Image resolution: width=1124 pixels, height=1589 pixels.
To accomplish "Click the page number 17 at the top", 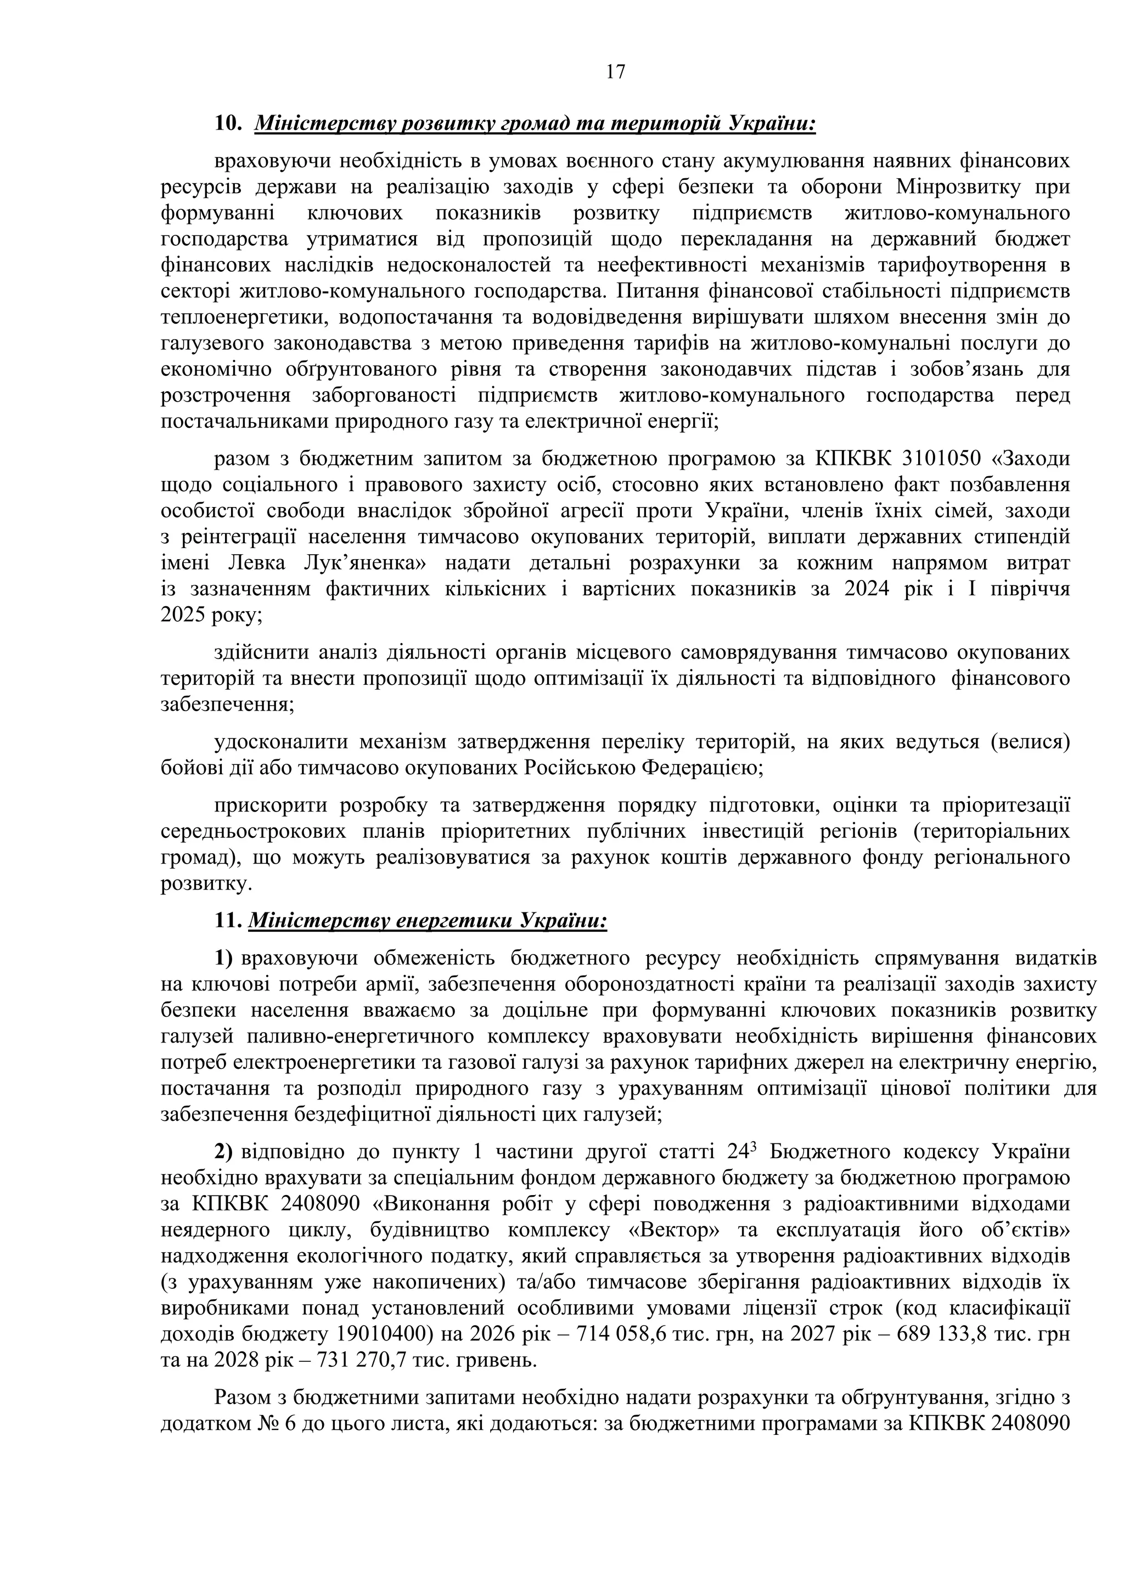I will pyautogui.click(x=615, y=72).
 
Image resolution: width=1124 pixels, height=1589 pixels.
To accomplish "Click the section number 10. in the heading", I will pyautogui.click(x=228, y=124).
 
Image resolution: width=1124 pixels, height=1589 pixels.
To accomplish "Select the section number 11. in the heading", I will pyautogui.click(x=228, y=921).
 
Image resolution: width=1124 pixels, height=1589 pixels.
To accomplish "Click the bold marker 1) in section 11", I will pyautogui.click(x=223, y=959).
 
